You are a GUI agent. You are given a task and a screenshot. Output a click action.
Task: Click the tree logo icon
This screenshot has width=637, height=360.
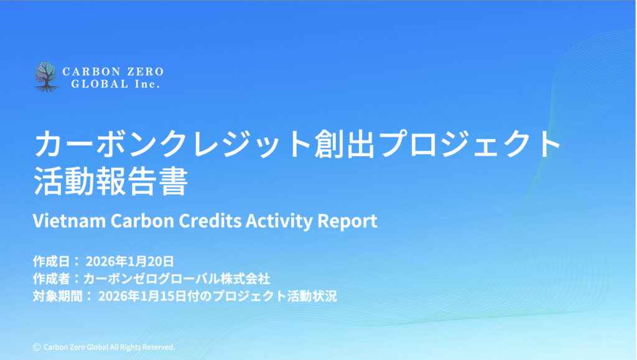(46, 77)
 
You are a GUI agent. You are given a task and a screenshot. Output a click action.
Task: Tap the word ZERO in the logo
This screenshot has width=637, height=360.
(146, 72)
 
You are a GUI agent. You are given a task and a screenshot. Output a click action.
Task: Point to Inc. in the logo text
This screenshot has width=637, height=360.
(147, 84)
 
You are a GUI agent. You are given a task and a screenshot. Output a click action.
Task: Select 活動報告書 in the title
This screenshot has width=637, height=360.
(111, 180)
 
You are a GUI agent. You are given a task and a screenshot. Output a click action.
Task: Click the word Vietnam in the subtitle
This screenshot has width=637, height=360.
(70, 220)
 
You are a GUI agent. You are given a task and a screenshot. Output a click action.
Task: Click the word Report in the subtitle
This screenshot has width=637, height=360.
(347, 221)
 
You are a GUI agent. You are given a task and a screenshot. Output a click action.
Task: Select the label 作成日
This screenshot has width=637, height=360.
(51, 261)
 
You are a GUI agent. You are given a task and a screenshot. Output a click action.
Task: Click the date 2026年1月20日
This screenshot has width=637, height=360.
(130, 261)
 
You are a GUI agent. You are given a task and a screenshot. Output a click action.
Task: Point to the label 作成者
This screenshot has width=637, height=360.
(51, 279)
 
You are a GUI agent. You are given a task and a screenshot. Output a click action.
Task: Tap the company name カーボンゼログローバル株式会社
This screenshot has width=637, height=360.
(177, 279)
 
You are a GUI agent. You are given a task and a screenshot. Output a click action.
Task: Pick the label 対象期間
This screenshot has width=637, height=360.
(58, 297)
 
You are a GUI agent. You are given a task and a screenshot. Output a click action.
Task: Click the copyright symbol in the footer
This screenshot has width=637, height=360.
(37, 347)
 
